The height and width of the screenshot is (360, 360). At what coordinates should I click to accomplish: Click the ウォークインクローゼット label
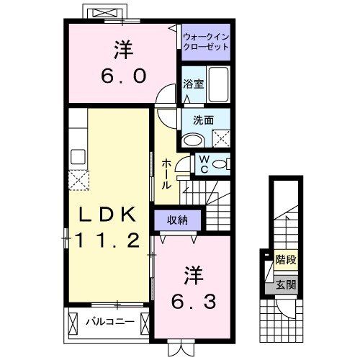click(x=205, y=41)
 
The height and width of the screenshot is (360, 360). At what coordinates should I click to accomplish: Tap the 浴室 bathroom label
click(x=193, y=83)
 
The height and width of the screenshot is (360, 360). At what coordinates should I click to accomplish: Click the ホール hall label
click(x=166, y=173)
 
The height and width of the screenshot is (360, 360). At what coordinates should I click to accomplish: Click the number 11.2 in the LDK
click(x=107, y=241)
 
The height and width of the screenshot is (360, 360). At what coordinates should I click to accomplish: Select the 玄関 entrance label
click(x=285, y=286)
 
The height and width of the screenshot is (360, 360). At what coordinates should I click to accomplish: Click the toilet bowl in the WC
click(x=222, y=163)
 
